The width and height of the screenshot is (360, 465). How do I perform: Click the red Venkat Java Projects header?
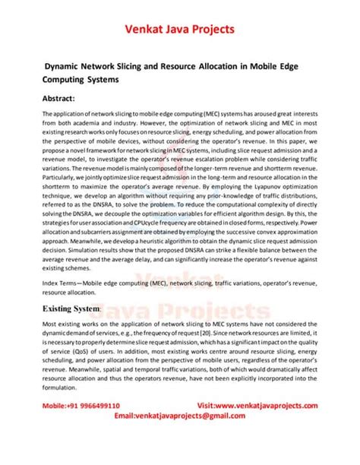pyautogui.click(x=179, y=30)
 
